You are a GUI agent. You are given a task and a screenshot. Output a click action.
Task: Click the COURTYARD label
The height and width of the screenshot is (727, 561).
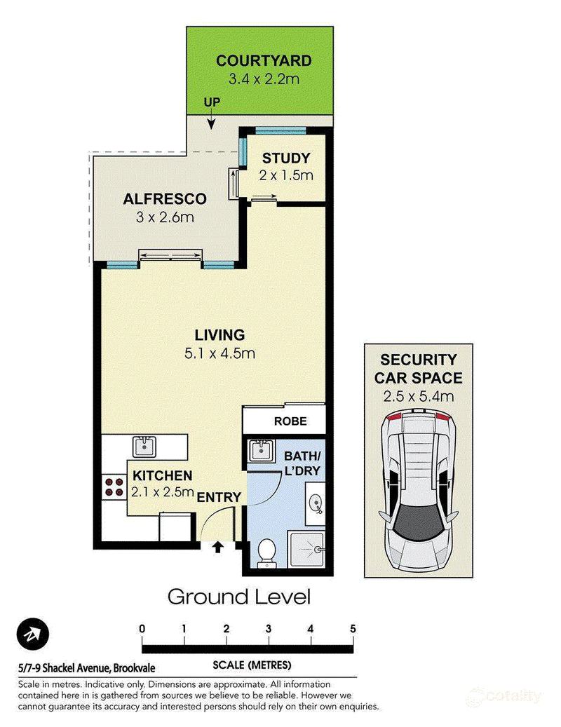[264, 61]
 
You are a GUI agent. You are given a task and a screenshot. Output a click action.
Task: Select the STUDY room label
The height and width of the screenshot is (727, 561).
[286, 158]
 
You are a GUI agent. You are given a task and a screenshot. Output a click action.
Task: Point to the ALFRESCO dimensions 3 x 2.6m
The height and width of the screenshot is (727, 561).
[165, 217]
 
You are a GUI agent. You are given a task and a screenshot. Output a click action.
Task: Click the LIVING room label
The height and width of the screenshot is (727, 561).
[219, 334]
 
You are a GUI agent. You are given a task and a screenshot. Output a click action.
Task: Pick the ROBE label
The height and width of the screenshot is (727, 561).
[290, 421]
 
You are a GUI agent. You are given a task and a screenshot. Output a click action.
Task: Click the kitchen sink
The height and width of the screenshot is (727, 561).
[144, 447]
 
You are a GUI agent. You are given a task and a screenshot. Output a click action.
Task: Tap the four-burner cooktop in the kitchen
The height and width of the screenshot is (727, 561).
[114, 487]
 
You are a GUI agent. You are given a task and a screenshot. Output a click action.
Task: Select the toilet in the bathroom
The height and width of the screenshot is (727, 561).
[266, 552]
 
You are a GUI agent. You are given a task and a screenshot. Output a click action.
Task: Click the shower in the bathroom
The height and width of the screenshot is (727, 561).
[306, 550]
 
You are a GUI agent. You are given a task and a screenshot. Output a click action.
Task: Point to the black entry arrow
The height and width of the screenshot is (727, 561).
[217, 548]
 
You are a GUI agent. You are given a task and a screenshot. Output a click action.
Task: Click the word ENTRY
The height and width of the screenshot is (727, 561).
[219, 498]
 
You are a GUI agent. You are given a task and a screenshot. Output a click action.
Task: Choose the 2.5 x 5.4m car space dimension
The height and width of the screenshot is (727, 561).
[419, 397]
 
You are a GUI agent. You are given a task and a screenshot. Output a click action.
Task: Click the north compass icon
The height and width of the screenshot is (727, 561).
[33, 634]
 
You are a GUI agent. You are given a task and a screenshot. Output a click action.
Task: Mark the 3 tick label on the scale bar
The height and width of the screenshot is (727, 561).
[269, 629]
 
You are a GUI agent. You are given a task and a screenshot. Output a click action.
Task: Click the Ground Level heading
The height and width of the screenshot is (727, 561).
[239, 597]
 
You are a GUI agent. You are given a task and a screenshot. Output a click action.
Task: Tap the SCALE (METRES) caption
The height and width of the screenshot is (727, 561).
[252, 665]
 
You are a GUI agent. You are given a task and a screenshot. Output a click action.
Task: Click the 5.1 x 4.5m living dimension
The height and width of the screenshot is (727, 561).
[219, 354]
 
